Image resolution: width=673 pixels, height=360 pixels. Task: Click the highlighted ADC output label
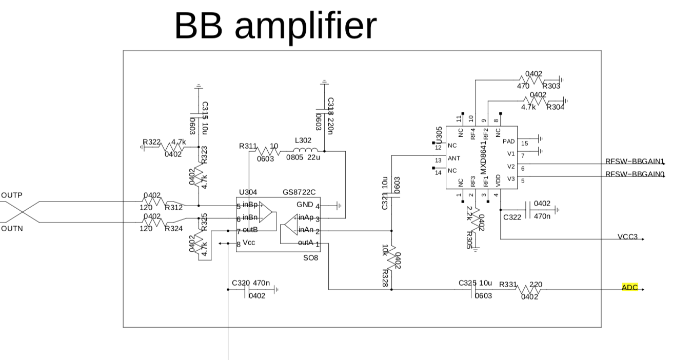pyautogui.click(x=629, y=288)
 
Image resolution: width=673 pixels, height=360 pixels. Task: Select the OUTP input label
pyautogui.click(x=12, y=195)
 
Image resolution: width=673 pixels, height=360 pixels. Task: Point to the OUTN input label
pyautogui.click(x=12, y=229)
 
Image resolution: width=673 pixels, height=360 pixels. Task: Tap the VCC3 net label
pyautogui.click(x=628, y=237)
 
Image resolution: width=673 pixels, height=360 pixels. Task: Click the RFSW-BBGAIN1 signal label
pyautogui.click(x=635, y=161)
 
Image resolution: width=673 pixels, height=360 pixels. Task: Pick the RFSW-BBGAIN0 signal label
pyautogui.click(x=635, y=174)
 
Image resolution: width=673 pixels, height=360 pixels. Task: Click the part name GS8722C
pyautogui.click(x=299, y=192)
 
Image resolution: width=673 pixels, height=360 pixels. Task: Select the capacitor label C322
pyautogui.click(x=512, y=217)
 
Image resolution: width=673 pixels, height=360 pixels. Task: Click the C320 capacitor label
pyautogui.click(x=241, y=283)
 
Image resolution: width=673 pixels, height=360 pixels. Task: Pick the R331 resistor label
pyautogui.click(x=508, y=285)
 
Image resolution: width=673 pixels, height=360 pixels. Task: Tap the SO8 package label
pyautogui.click(x=310, y=258)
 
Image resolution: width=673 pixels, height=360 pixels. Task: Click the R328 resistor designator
pyautogui.click(x=385, y=277)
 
